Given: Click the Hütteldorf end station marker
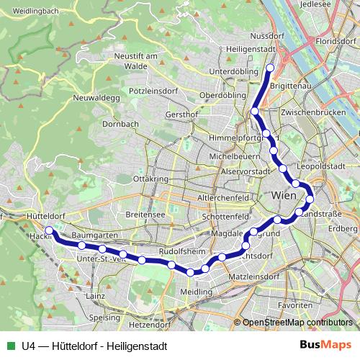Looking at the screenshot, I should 49,231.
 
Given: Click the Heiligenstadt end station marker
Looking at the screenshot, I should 271,68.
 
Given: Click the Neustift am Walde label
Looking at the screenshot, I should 135,60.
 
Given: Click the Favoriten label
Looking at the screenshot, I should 296,305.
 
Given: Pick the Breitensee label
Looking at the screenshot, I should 145,215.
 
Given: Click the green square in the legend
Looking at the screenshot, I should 10,345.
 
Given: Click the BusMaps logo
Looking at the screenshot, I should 325,345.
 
